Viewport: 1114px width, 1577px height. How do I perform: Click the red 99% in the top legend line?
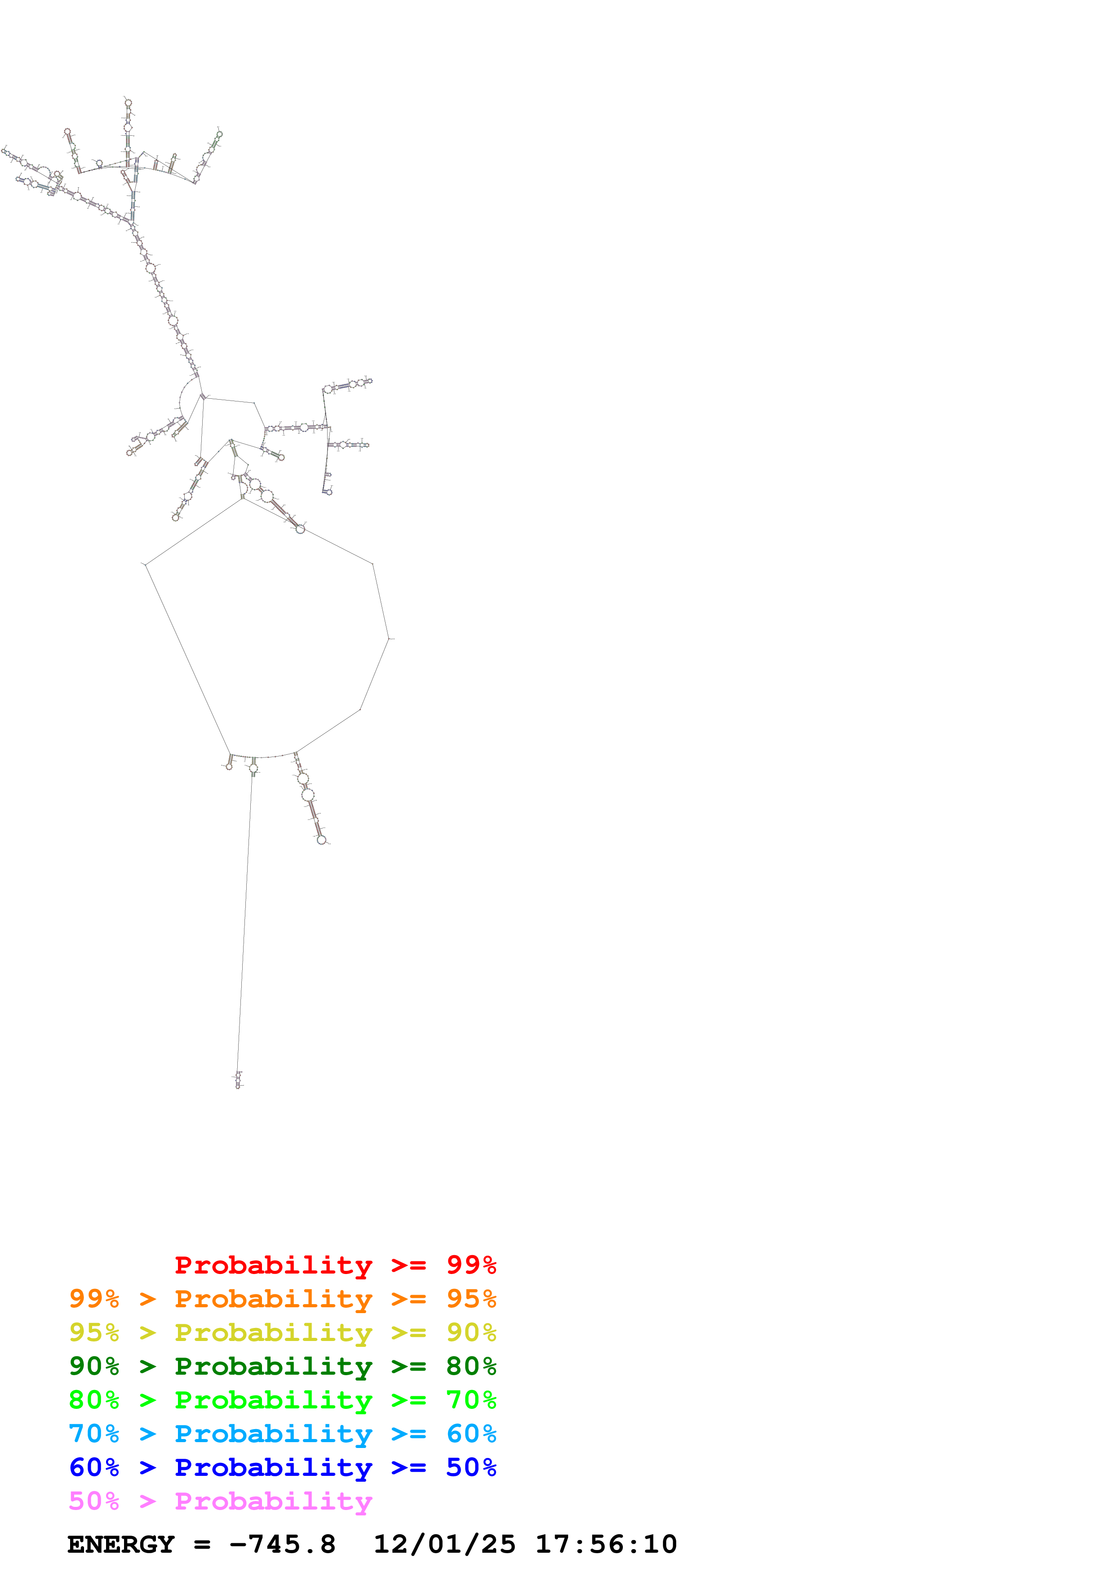tap(471, 1265)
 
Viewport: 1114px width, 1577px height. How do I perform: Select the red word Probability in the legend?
tap(273, 1265)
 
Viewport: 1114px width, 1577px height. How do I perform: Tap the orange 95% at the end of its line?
tap(471, 1299)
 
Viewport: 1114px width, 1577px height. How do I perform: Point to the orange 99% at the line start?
tap(94, 1299)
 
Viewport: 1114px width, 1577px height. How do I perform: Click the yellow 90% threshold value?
tap(471, 1332)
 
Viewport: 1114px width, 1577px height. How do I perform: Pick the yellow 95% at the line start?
tap(94, 1332)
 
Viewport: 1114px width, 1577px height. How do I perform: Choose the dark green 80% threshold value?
tap(471, 1366)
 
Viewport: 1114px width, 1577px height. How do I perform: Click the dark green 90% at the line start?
tap(94, 1366)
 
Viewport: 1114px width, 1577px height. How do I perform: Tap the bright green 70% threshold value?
tap(471, 1400)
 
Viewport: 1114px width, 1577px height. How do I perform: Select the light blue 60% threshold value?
tap(471, 1434)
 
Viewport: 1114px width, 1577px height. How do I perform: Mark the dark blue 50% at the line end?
tap(471, 1467)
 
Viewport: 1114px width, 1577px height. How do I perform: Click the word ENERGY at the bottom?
tap(121, 1545)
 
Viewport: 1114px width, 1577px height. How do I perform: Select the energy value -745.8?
tap(282, 1545)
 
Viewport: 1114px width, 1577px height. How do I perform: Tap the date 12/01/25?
tap(444, 1545)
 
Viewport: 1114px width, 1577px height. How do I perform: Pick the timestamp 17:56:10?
tap(606, 1545)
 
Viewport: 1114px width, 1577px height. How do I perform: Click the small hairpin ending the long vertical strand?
tap(238, 1080)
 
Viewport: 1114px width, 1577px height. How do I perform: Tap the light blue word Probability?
tap(273, 1434)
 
